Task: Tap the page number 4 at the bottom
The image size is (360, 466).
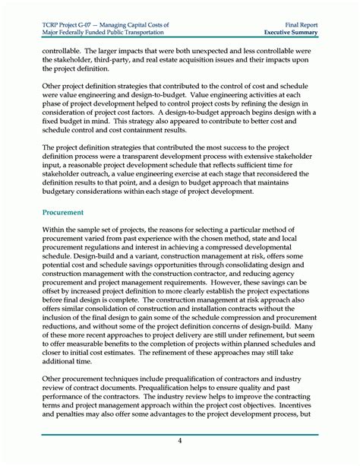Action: (x=179, y=441)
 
